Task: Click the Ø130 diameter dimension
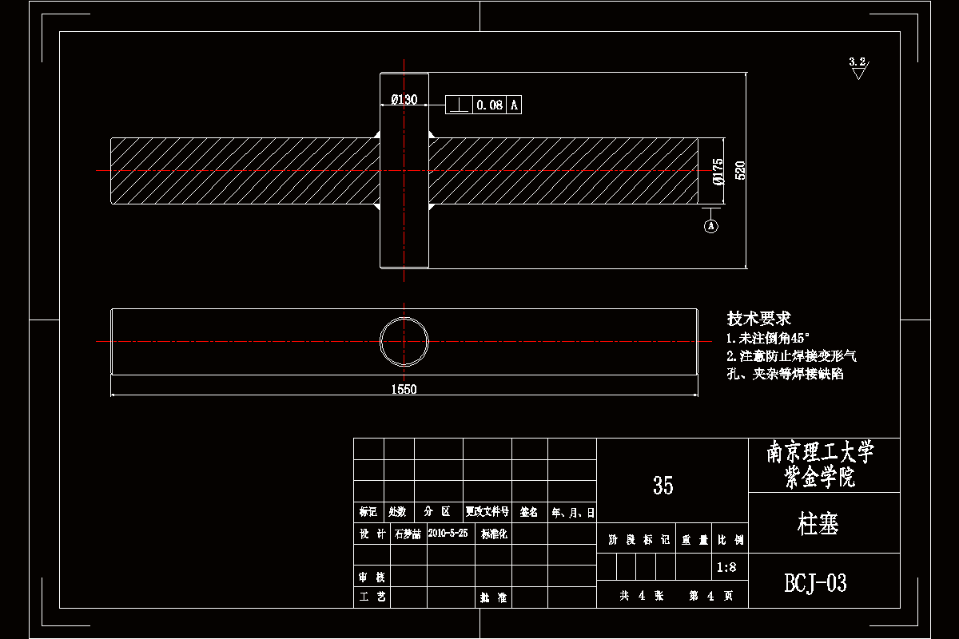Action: pos(404,100)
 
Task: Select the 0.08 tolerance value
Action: pos(490,105)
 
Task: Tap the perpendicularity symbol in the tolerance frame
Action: pos(459,105)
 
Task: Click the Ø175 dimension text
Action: pos(718,172)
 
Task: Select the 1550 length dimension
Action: pos(404,389)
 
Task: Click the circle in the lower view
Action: pos(404,341)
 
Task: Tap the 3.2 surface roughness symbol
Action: pos(858,67)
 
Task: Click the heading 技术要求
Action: pos(758,319)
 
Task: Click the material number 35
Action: pos(663,485)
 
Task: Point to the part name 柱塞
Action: pos(818,524)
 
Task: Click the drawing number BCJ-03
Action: pos(816,583)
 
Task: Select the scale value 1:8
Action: pos(727,567)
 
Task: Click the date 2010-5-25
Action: pos(448,533)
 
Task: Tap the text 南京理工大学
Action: pos(821,454)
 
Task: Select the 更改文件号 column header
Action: pos(487,512)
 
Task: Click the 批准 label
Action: pos(494,597)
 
